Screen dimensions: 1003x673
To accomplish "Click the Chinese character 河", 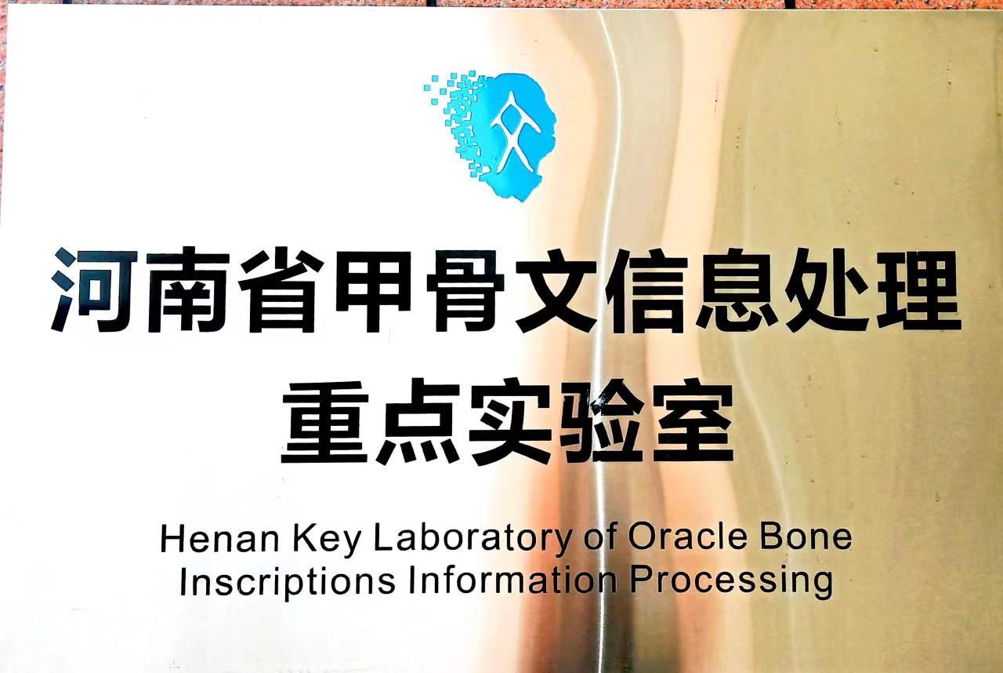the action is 95,290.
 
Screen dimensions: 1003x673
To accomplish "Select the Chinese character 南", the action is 188,291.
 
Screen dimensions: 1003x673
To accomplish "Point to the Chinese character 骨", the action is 465,291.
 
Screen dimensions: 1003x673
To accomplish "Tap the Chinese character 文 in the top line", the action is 556,291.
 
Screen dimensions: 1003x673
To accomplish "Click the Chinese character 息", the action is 738,290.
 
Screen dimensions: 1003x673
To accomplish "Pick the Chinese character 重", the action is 324,422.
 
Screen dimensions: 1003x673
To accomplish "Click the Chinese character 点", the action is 418,421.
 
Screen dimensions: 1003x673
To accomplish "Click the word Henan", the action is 220,538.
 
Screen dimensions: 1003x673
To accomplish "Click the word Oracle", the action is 688,537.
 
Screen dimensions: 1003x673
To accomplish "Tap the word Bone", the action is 806,537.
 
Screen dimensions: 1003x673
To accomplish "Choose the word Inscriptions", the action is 288,584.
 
